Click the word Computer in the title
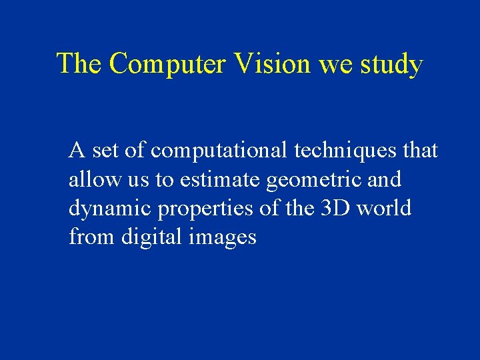click(x=169, y=64)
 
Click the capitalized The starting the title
click(x=79, y=64)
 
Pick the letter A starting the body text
click(x=77, y=151)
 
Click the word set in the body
click(x=105, y=151)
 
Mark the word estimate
click(x=221, y=180)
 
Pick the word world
click(x=384, y=209)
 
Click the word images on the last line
click(x=221, y=238)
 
